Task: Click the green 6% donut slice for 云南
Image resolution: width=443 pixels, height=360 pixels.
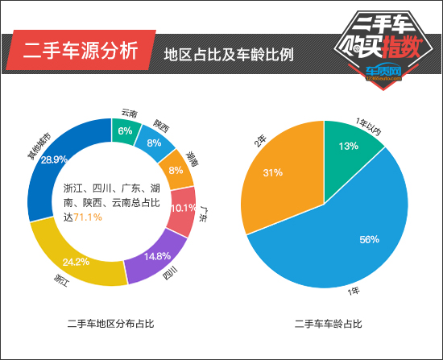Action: coord(126,130)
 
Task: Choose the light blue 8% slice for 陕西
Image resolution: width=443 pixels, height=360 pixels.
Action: coord(155,142)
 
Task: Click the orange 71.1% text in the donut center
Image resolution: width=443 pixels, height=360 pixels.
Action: coord(88,217)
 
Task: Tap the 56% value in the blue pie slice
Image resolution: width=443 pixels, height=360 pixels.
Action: coord(369,240)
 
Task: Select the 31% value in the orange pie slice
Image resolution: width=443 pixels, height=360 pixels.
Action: coord(272,172)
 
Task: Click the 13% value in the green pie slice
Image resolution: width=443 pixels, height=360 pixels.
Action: coord(349,146)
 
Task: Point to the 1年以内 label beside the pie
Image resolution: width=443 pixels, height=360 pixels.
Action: coord(368,126)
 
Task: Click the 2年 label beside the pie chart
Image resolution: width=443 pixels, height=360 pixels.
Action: coord(260,141)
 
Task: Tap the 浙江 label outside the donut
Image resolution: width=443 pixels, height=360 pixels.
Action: coord(61,280)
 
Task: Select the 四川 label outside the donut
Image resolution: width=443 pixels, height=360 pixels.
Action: coord(170,273)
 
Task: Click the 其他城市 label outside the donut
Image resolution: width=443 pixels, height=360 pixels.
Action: coord(39,146)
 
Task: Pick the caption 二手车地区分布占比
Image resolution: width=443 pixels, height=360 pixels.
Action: coord(110,324)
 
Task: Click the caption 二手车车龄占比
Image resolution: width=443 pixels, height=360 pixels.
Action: coord(328,324)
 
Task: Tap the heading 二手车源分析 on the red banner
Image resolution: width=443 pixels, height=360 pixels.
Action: coord(81,50)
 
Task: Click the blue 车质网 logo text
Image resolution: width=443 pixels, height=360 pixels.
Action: coord(383,71)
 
